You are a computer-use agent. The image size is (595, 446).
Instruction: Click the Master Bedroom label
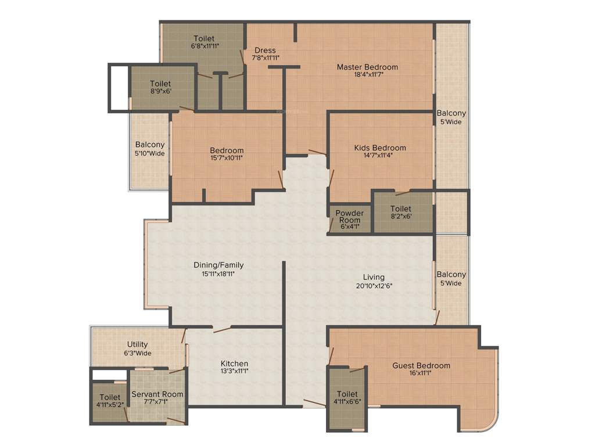pyautogui.click(x=367, y=67)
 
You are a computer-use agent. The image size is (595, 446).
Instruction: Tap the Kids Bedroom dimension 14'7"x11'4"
pyautogui.click(x=380, y=155)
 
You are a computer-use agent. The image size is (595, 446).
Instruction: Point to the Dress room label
pyautogui.click(x=265, y=51)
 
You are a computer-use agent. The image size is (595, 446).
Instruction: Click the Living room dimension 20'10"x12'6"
pyautogui.click(x=374, y=285)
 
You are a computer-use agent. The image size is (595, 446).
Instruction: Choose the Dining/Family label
pyautogui.click(x=218, y=265)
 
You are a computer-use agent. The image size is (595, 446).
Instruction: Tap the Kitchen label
pyautogui.click(x=235, y=364)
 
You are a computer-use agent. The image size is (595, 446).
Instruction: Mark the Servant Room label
pyautogui.click(x=157, y=394)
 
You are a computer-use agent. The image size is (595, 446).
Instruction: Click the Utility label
pyautogui.click(x=138, y=344)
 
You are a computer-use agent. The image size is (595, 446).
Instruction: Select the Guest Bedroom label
pyautogui.click(x=421, y=366)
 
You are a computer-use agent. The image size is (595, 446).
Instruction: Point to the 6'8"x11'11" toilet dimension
pyautogui.click(x=204, y=46)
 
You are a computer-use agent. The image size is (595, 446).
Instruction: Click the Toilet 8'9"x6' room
pyautogui.click(x=160, y=87)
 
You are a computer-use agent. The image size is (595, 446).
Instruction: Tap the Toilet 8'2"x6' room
pyautogui.click(x=401, y=212)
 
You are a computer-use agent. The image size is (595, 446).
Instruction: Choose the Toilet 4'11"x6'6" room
pyautogui.click(x=347, y=398)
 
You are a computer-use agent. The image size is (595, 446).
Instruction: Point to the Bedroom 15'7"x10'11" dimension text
pyautogui.click(x=227, y=157)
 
